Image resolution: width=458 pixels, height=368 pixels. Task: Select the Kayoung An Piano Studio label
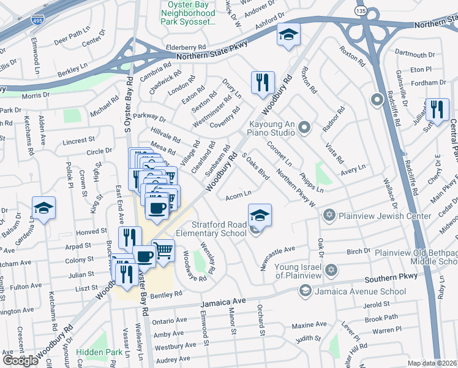point(272,128)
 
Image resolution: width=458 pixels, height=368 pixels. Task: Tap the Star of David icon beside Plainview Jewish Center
point(330,216)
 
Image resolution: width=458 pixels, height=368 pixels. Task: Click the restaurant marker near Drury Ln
point(263,82)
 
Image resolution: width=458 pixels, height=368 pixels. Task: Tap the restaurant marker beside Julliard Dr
point(437,110)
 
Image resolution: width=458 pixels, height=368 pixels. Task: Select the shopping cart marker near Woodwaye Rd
point(163,251)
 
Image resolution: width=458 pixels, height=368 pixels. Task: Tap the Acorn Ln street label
point(239,196)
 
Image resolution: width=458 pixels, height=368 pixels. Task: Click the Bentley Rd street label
point(165,295)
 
